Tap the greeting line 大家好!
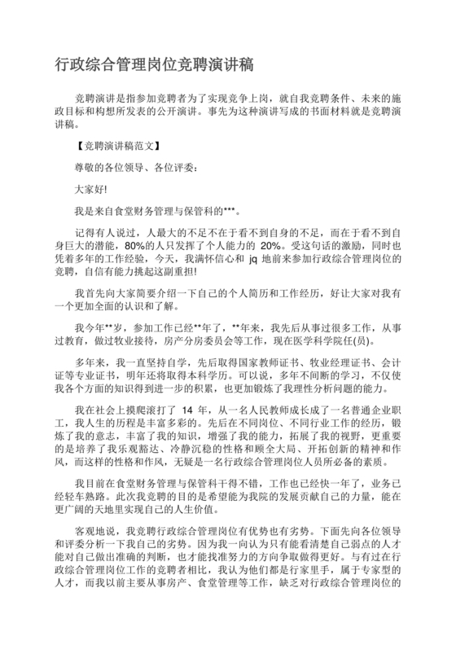[91, 188]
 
